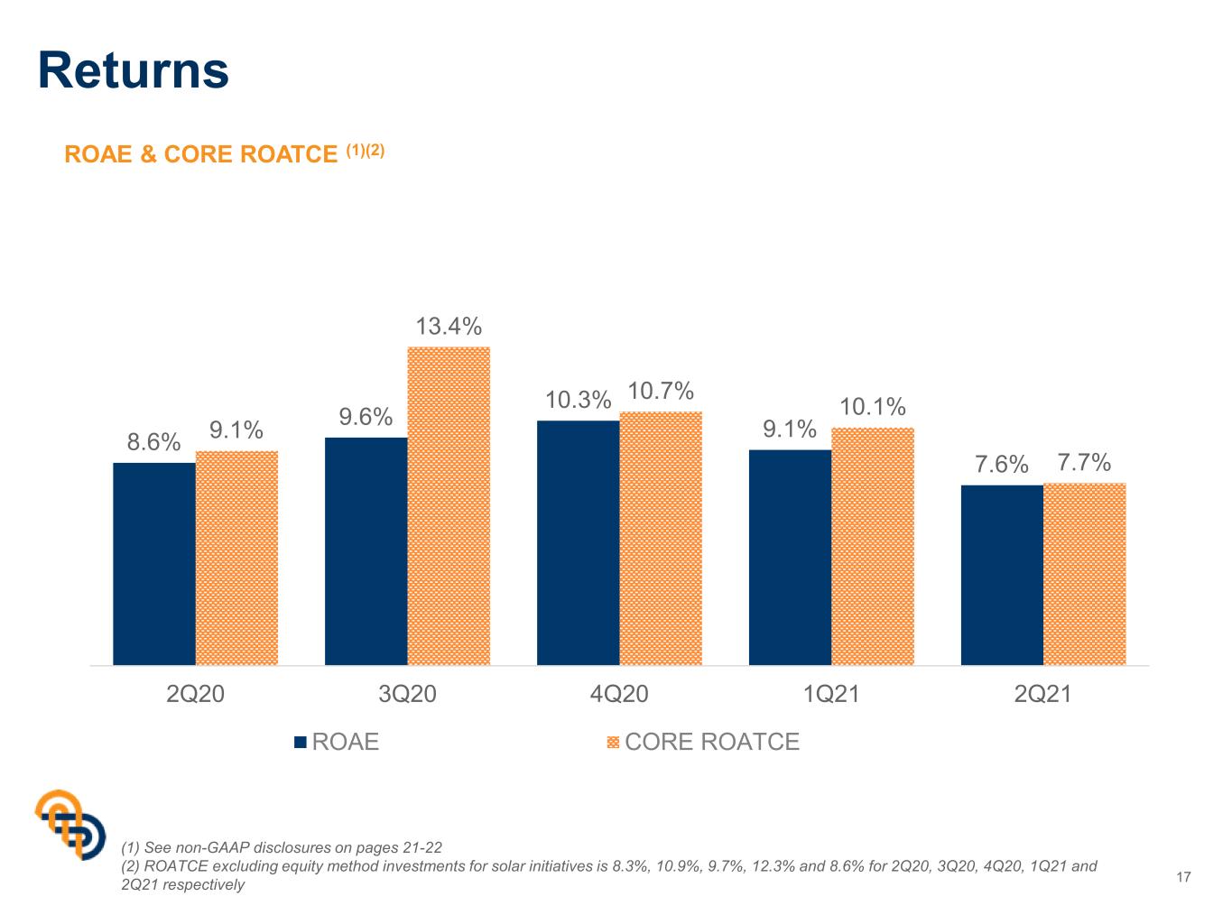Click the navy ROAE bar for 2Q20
[153, 563]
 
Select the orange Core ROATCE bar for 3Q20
[448, 505]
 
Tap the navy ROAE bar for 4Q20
[578, 542]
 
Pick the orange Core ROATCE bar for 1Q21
[872, 546]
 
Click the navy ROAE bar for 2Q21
[1001, 575]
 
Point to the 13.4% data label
[448, 326]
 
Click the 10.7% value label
[660, 391]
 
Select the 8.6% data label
[153, 441]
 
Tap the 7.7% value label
[1084, 462]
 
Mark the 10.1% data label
[872, 406]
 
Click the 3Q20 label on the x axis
[407, 694]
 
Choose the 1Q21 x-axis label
[830, 694]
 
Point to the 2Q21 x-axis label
[1042, 694]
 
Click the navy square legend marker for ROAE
[300, 743]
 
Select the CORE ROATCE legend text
[712, 742]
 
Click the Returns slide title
[133, 70]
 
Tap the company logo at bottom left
[69, 824]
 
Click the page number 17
[1183, 877]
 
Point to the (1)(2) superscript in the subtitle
[365, 150]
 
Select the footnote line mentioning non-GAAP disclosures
[282, 847]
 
